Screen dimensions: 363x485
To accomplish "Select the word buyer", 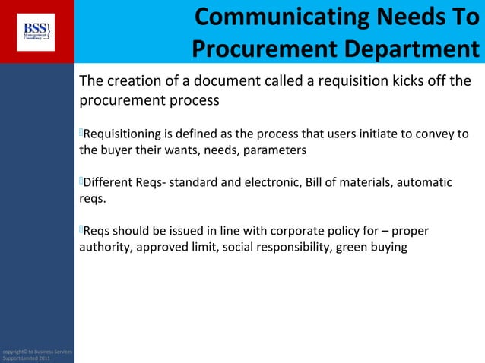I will [x=119, y=150].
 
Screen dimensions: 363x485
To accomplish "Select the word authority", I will [x=104, y=247].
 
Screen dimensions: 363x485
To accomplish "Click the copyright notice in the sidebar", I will [x=36, y=353].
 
